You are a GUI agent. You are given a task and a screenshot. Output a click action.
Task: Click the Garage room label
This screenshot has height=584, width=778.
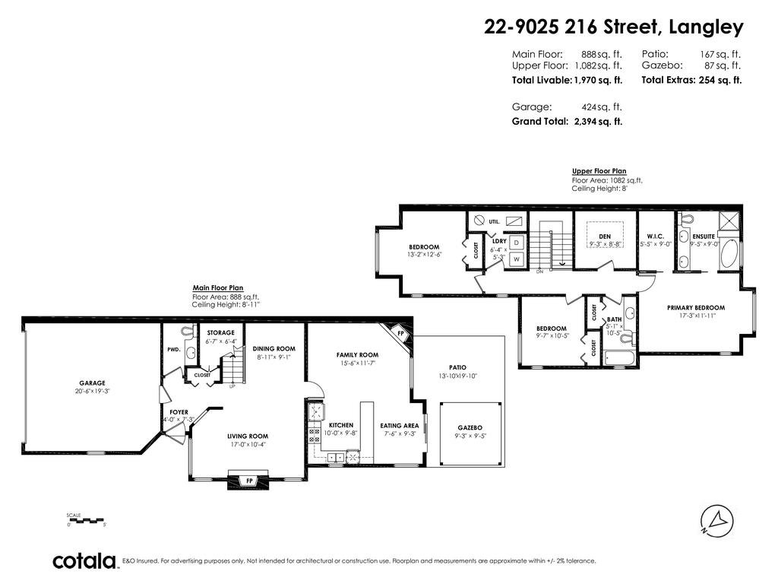(x=92, y=383)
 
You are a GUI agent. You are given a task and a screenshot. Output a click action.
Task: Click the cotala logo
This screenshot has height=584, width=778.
(x=84, y=560)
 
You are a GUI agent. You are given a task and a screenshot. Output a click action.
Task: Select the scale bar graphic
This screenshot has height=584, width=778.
(x=87, y=520)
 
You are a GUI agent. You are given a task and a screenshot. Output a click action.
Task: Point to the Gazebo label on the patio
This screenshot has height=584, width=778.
(x=470, y=427)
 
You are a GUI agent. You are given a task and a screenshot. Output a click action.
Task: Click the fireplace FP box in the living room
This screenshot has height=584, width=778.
(x=248, y=481)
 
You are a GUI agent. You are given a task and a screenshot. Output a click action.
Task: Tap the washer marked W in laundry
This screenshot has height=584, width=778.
(x=517, y=259)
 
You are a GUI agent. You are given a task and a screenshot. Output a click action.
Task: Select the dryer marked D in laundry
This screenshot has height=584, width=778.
(x=517, y=243)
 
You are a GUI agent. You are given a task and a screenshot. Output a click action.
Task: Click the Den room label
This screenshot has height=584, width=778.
(x=605, y=236)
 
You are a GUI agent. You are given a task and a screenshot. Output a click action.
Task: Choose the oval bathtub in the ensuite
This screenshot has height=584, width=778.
(x=729, y=254)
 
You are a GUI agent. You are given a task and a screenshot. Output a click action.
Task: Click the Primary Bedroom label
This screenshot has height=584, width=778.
(x=696, y=307)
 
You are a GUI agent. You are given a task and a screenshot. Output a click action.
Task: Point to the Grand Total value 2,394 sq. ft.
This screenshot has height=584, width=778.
(x=598, y=121)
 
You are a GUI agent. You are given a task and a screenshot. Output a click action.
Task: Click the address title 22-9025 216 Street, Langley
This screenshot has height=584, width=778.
(x=614, y=27)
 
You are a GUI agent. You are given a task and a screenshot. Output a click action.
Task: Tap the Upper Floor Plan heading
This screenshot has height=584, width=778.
(x=599, y=171)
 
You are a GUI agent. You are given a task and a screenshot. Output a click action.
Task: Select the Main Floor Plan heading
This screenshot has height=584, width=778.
(x=218, y=288)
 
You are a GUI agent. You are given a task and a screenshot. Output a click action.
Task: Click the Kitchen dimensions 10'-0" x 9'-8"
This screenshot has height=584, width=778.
(x=341, y=433)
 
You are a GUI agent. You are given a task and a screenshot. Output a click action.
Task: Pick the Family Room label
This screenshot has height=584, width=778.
(x=357, y=354)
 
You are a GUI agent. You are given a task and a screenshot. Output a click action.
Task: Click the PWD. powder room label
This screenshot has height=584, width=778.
(x=174, y=350)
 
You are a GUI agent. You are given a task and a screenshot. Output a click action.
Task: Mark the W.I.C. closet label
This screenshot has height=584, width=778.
(x=655, y=236)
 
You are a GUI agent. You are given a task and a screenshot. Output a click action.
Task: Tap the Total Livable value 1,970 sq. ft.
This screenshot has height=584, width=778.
(x=598, y=80)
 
